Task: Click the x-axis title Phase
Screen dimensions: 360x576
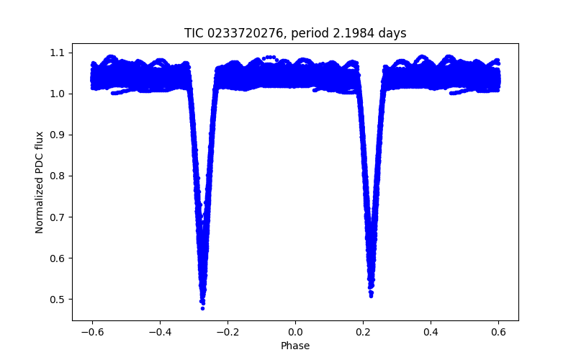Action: click(x=295, y=346)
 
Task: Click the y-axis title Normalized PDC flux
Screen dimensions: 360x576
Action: click(x=40, y=181)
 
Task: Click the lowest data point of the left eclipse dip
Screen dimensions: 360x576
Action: click(x=202, y=307)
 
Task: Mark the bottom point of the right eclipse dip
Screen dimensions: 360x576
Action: click(x=371, y=295)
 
